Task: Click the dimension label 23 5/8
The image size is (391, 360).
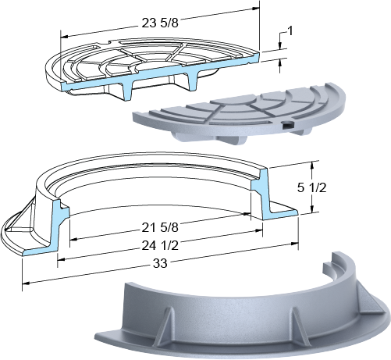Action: tap(160, 23)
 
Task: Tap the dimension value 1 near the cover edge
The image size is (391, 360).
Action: tap(290, 31)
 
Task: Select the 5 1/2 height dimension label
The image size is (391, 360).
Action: tap(311, 187)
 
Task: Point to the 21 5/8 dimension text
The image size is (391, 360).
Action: tap(160, 227)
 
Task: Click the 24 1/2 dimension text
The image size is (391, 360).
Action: tap(160, 245)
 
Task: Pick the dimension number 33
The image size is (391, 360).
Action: tap(160, 263)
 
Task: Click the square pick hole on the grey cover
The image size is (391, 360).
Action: tap(287, 126)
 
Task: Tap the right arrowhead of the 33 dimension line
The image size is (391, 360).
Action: tap(294, 244)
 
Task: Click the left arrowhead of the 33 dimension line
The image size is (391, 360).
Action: tap(26, 283)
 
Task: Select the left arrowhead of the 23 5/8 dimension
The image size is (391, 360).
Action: tap(64, 36)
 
